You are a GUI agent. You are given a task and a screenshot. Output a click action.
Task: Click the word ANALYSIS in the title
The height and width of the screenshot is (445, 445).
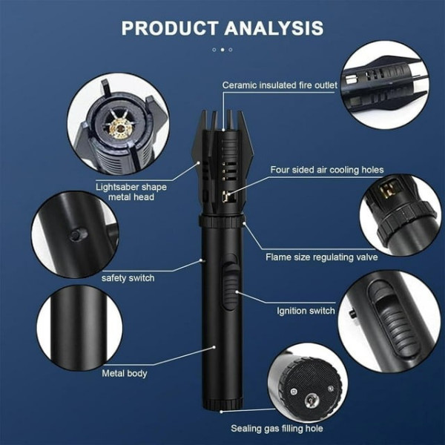(274, 28)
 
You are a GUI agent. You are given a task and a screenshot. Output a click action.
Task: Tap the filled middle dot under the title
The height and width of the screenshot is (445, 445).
(222, 50)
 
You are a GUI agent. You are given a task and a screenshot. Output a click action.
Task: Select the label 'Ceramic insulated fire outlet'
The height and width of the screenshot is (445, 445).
(280, 85)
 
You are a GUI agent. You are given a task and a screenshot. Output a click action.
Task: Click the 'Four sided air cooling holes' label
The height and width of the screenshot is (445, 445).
(327, 170)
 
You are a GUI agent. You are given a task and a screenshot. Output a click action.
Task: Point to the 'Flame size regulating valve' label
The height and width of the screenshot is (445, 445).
(322, 257)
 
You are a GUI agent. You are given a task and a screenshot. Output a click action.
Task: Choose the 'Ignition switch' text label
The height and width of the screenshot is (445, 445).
(306, 311)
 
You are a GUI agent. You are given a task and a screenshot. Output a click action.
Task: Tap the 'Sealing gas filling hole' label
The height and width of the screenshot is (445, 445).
(277, 428)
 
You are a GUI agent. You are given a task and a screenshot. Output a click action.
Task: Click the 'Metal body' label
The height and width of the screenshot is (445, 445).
(125, 373)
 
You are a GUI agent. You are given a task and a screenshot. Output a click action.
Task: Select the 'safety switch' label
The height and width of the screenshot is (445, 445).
(128, 278)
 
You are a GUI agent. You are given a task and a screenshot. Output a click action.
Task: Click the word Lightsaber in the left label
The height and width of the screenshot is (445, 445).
(117, 188)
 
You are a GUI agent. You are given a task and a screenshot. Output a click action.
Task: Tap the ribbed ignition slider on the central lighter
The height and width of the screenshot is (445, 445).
(230, 286)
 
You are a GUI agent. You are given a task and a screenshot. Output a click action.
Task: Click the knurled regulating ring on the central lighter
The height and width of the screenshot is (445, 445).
(222, 221)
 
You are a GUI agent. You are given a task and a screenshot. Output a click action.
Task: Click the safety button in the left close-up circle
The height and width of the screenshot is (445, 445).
(77, 234)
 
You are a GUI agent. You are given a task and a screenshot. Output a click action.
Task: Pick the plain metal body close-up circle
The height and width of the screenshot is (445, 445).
(79, 329)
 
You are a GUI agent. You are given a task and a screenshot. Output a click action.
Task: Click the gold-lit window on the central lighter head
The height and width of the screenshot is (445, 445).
(226, 196)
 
